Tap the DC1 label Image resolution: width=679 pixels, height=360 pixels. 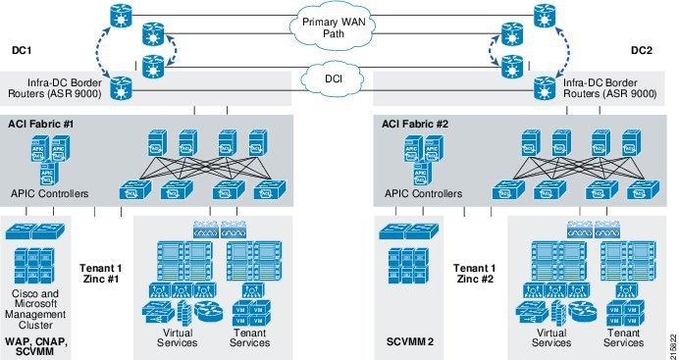[x=23, y=48]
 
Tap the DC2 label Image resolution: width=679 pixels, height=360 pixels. [x=642, y=48]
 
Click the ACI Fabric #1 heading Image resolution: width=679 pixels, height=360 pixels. [x=41, y=125]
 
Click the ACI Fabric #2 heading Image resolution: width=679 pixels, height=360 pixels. [x=415, y=125]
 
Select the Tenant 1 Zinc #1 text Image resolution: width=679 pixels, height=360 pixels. [x=100, y=273]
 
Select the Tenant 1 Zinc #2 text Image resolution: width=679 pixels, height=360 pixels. [x=474, y=273]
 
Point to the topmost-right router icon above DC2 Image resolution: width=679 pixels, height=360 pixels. [x=542, y=17]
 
